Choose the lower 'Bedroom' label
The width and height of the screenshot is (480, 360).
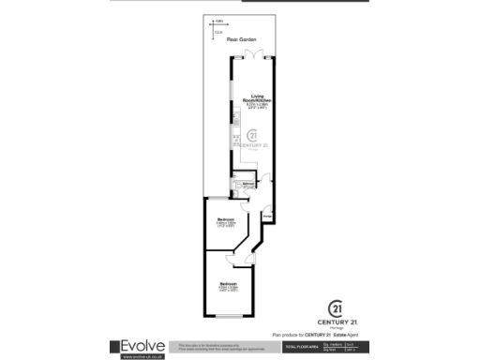click(x=228, y=283)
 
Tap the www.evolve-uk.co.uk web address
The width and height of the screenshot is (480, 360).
click(x=141, y=356)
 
